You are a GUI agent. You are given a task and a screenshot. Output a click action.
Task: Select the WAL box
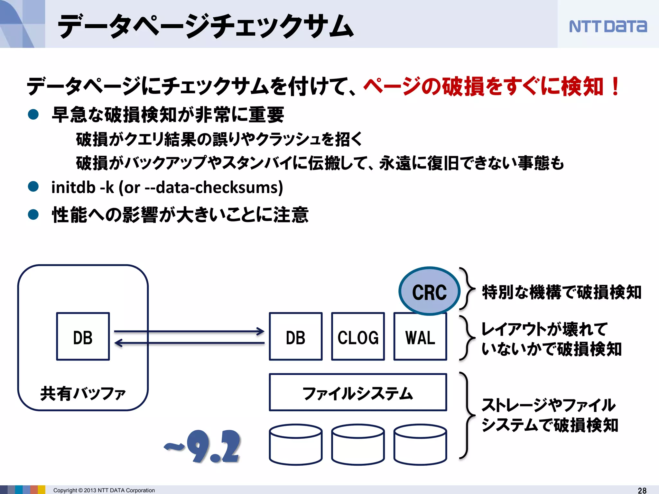[420, 336]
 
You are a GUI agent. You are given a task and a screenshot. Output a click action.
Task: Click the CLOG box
[358, 336]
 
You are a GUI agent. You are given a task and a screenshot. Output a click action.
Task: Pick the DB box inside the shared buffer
[83, 336]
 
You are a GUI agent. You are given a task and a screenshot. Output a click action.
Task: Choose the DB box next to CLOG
[295, 336]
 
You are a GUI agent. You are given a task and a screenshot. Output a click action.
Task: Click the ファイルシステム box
[358, 392]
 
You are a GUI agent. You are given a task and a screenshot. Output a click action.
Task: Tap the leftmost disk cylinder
[295, 445]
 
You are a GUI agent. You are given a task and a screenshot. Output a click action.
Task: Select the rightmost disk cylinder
[420, 445]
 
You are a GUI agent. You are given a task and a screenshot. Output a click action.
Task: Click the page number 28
[642, 490]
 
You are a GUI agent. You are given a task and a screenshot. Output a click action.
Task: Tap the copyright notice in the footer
[104, 490]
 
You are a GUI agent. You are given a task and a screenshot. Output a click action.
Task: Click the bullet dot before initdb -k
[33, 186]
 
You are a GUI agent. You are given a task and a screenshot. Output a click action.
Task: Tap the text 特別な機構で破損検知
[561, 292]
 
